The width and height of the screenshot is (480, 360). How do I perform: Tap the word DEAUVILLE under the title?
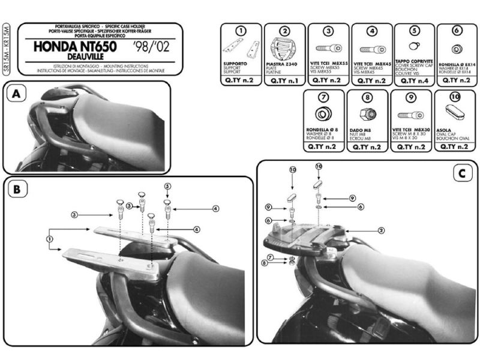click(x=57, y=58)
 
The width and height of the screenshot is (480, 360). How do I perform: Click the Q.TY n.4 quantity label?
click(x=413, y=80)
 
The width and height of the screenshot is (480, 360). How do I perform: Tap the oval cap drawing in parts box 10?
click(x=454, y=112)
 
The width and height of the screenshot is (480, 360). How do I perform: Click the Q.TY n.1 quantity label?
click(x=284, y=80)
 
